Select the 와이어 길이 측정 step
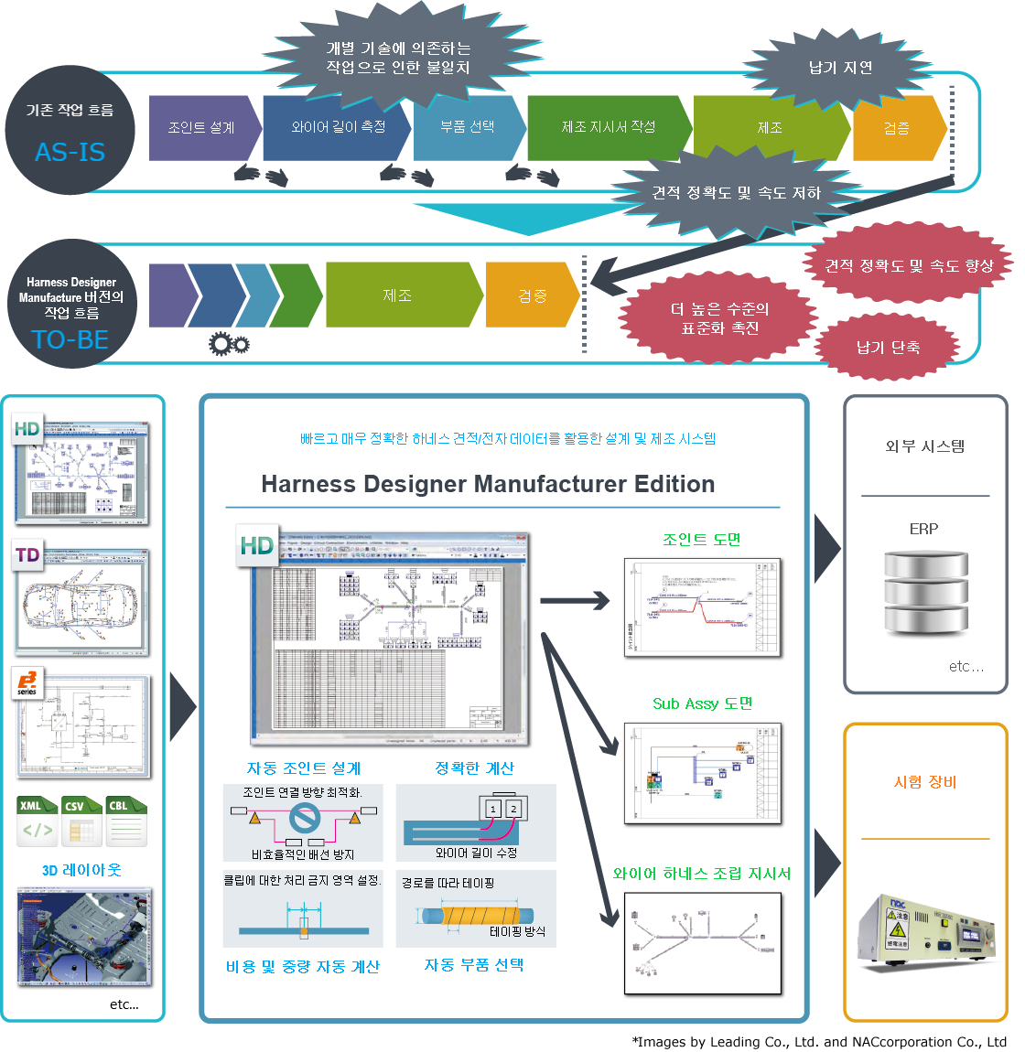click(x=338, y=128)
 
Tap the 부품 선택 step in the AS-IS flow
click(x=468, y=127)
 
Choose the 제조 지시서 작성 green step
click(x=609, y=127)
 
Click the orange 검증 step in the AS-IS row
click(x=896, y=128)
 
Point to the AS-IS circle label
click(x=70, y=152)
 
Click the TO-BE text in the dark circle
click(x=70, y=339)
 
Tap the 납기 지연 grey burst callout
click(x=841, y=68)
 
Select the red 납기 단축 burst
click(x=888, y=348)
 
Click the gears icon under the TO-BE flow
click(x=228, y=344)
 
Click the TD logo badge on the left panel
click(x=28, y=554)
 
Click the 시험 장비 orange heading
click(x=925, y=782)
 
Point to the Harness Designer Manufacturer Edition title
click(x=489, y=484)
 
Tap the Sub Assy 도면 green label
click(x=703, y=703)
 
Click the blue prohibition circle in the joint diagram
click(x=303, y=817)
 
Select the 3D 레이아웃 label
click(x=81, y=870)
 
